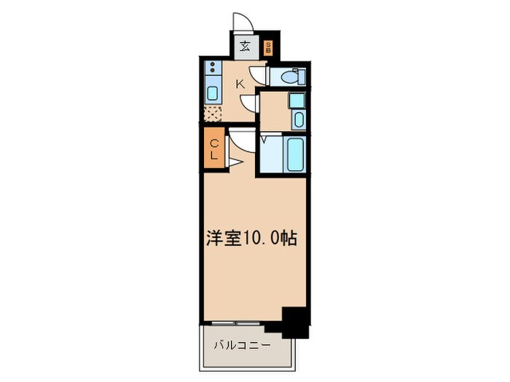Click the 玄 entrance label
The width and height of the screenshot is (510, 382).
[x=246, y=49]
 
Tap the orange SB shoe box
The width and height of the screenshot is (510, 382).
[x=268, y=49]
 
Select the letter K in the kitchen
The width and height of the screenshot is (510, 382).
[x=240, y=84]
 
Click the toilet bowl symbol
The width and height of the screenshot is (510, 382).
[x=291, y=75]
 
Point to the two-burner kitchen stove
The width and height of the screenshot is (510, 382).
[x=212, y=71]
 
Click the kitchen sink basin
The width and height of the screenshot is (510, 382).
[x=212, y=92]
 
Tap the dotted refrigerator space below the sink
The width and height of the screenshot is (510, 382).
[x=212, y=112]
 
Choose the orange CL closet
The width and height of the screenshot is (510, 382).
[x=215, y=148]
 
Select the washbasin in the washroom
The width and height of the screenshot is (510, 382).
[x=297, y=119]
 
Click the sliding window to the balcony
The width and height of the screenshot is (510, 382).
[x=238, y=321]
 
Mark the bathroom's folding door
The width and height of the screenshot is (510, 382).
[x=264, y=139]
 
